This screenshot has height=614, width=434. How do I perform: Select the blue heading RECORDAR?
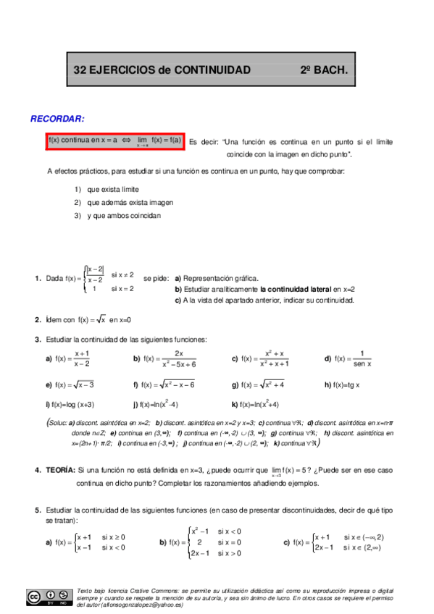pyautogui.click(x=57, y=118)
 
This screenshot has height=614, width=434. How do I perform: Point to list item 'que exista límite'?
pyautogui.click(x=112, y=188)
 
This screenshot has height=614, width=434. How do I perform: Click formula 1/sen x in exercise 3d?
pyautogui.click(x=360, y=358)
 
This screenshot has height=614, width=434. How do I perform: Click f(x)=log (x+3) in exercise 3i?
pyautogui.click(x=70, y=405)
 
